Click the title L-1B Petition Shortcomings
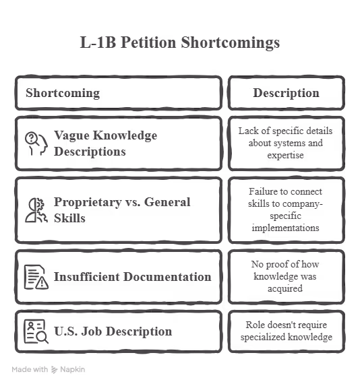180,42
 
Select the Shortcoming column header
63,93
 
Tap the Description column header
287,93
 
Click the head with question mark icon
36,143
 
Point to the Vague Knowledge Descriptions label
106,143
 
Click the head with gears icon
36,210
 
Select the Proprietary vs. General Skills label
122,210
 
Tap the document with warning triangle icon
36,277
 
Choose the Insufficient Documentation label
132,277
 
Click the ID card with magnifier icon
36,331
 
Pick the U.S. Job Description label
113,331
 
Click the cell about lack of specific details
285,143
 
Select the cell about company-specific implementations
285,210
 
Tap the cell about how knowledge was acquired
285,276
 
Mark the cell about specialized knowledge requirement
287,331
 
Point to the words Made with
30,369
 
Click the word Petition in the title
148,42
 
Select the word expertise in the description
285,155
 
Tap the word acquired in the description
285,289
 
